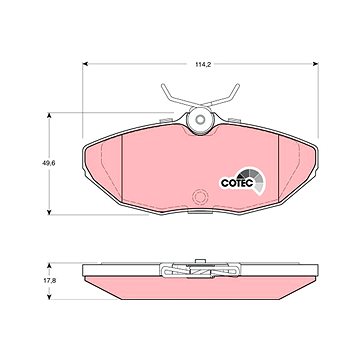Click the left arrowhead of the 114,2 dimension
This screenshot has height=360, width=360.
[85, 64]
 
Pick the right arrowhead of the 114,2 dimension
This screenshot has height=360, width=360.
[316, 64]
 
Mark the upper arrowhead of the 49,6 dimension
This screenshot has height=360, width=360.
[49, 115]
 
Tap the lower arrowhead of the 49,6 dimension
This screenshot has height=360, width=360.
[49, 212]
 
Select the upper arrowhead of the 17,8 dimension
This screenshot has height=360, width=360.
[49, 265]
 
